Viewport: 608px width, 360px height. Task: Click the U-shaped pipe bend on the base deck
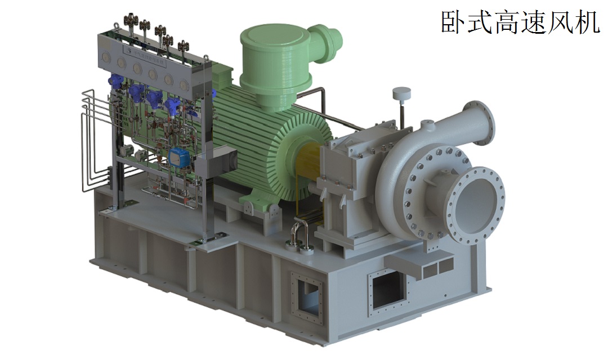[299, 232]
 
